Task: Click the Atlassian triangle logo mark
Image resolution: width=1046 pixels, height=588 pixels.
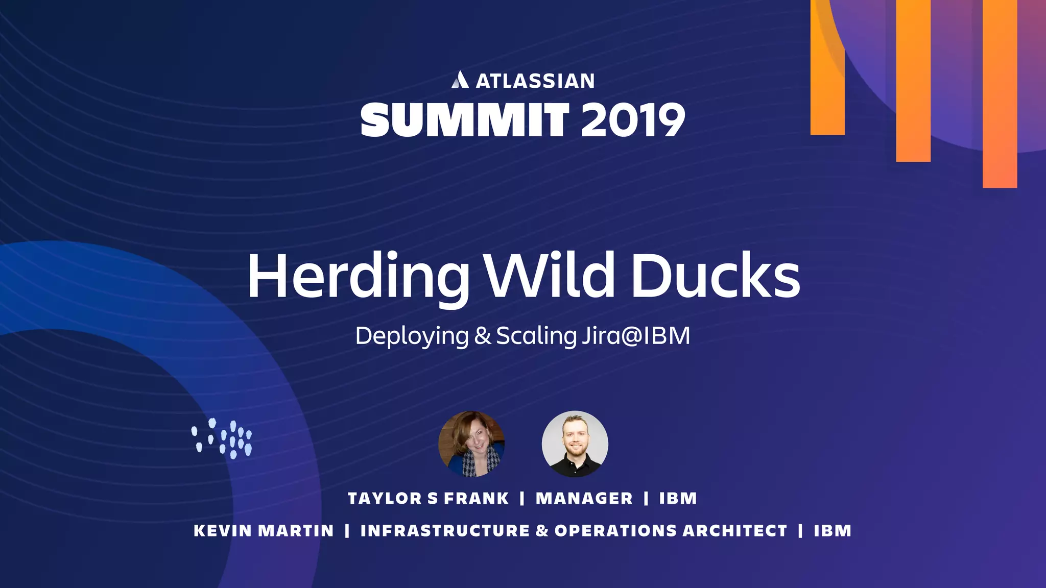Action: tap(460, 80)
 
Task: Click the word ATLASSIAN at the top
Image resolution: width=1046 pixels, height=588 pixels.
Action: tap(535, 81)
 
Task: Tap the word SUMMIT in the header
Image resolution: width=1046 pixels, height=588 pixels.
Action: tap(465, 120)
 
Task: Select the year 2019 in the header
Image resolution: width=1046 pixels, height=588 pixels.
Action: tap(633, 120)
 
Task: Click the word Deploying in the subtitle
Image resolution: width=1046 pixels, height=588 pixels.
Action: tap(412, 336)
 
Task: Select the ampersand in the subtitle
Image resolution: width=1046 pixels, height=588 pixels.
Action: tap(482, 336)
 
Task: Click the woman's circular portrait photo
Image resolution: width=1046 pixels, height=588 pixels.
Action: tap(471, 444)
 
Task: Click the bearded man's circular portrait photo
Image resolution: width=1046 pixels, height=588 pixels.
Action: tap(575, 444)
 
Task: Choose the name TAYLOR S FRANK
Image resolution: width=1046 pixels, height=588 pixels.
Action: tap(428, 498)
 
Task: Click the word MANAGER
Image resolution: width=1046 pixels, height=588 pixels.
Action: tap(584, 498)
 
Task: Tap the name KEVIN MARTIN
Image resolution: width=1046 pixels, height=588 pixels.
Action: tap(264, 531)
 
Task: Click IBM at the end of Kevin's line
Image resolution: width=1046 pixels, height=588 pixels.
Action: tap(833, 531)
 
